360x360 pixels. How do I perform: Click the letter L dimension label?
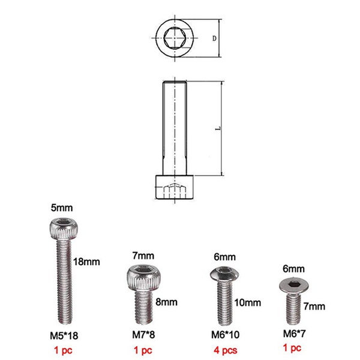pyautogui.click(x=215, y=128)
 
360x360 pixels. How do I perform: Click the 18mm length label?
pyautogui.click(x=85, y=262)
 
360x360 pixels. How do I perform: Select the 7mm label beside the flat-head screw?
pyautogui.click(x=314, y=307)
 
